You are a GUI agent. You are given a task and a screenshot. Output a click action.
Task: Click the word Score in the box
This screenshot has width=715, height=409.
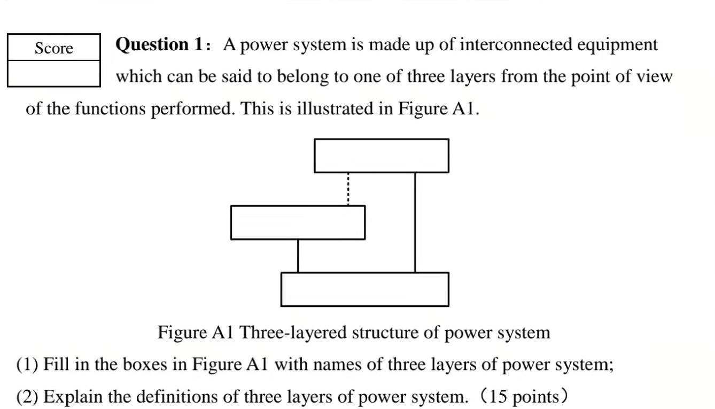54,49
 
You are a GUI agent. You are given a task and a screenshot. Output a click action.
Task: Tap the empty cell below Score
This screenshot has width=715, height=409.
54,73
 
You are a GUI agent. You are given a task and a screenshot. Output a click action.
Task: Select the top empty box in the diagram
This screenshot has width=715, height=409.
382,156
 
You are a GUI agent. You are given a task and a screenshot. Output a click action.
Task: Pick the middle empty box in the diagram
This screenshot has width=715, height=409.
298,222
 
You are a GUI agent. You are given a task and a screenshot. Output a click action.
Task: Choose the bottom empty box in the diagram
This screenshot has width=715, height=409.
365,289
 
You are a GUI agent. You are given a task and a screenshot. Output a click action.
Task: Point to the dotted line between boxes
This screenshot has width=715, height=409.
348,189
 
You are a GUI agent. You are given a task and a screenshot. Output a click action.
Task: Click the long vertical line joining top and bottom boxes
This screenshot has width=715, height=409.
415,222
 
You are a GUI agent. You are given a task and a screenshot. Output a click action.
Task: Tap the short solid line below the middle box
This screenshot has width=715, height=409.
298,256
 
